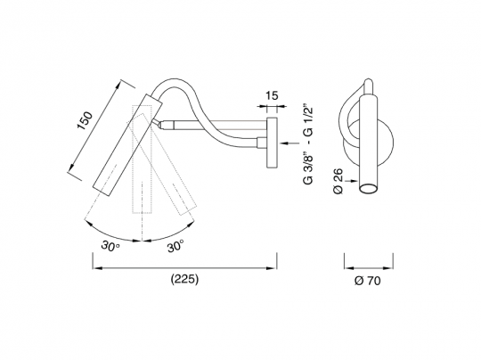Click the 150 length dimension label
(85, 120)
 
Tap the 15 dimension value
(272, 95)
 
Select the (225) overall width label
(184, 279)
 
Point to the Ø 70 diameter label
(368, 281)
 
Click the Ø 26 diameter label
(338, 181)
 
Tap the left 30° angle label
(110, 246)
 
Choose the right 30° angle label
(175, 246)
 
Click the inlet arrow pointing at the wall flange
(289, 143)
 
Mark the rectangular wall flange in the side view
(272, 143)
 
